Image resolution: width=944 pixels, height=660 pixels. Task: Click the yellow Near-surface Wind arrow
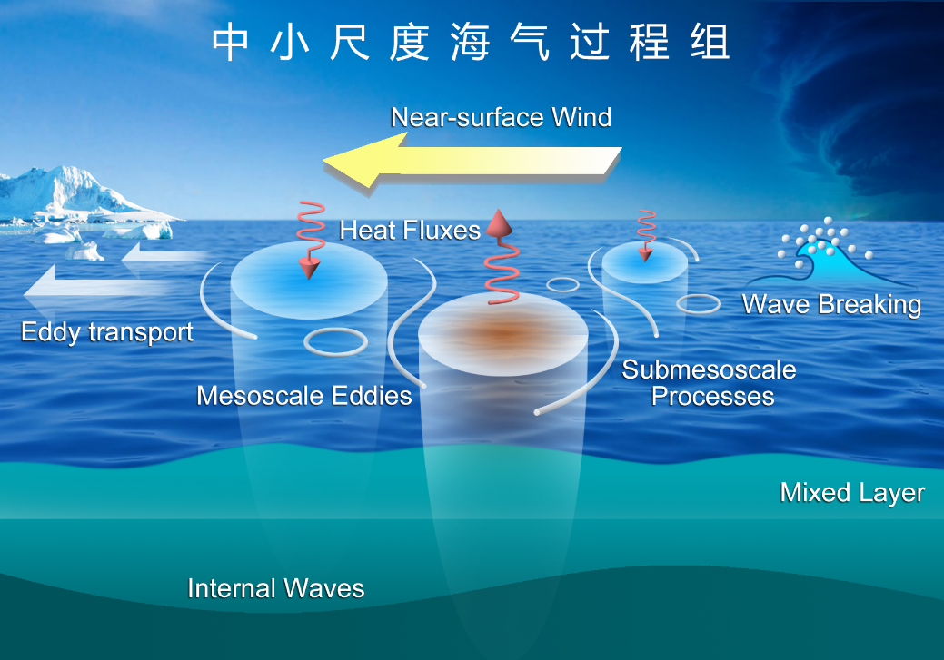pos(472,163)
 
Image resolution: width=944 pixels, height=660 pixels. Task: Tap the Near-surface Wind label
pos(501,117)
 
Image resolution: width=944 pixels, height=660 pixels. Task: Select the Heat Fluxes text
pos(410,231)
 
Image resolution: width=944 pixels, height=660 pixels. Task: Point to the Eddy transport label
pos(107,332)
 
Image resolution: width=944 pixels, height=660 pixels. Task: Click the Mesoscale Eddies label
pos(304,396)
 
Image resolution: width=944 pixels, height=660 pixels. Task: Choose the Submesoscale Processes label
pos(709,383)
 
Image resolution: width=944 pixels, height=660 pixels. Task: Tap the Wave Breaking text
pos(831,305)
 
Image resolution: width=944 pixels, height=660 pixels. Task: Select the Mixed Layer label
pos(852,493)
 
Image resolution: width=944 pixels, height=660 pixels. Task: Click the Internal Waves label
pos(275,588)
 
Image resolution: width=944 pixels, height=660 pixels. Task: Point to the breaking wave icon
pos(828,252)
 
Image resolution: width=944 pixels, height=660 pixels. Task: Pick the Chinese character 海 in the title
pos(470,42)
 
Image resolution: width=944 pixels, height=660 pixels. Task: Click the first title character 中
pos(231,42)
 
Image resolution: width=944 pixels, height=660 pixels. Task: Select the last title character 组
pos(710,42)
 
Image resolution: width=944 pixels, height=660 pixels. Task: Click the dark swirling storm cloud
pos(855,108)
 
